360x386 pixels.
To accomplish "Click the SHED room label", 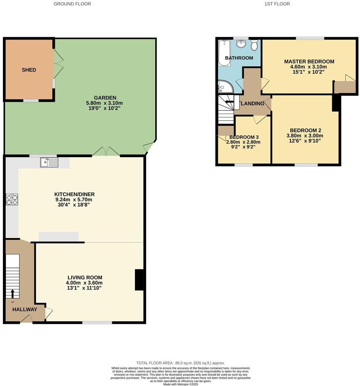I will pyautogui.click(x=29, y=70).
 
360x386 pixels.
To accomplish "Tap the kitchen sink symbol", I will pyautogui.click(x=49, y=162).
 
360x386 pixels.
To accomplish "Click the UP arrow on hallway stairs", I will pyautogui.click(x=13, y=293).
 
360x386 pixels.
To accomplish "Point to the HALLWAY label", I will pyautogui.click(x=25, y=309).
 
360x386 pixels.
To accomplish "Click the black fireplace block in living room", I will pyautogui.click(x=139, y=280).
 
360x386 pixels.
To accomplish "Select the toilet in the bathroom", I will pyautogui.click(x=254, y=45).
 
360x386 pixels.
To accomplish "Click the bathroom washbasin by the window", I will pyautogui.click(x=241, y=44).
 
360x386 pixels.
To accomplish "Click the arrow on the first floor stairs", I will pyautogui.click(x=229, y=102).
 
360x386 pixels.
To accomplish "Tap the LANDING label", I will pyautogui.click(x=253, y=104).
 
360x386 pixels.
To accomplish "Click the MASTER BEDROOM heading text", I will pyautogui.click(x=309, y=61).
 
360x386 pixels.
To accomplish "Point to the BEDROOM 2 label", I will pyautogui.click(x=305, y=130).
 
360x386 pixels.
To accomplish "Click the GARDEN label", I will pyautogui.click(x=105, y=98).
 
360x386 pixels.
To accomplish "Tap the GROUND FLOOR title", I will pyautogui.click(x=72, y=4).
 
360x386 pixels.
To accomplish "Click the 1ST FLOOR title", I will pyautogui.click(x=277, y=4).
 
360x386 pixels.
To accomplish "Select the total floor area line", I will pyautogui.click(x=181, y=363).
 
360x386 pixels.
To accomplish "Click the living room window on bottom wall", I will pyautogui.click(x=97, y=322).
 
